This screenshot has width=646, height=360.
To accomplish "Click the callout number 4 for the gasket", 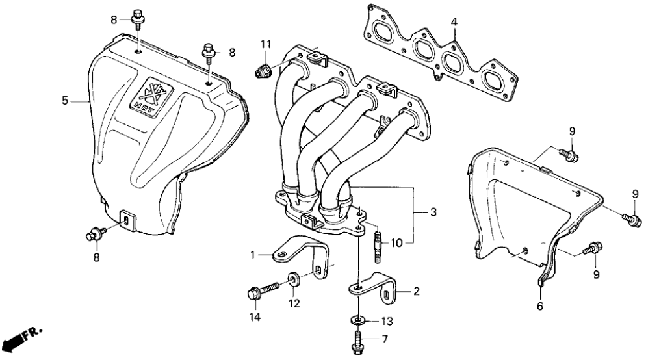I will [455, 22].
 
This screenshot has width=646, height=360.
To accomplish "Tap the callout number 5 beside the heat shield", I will [64, 100].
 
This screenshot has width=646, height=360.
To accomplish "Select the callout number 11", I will [265, 44].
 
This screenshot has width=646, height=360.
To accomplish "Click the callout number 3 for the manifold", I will [424, 212].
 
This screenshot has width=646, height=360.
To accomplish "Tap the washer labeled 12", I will [294, 279].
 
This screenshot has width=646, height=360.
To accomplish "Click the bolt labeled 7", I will [358, 342].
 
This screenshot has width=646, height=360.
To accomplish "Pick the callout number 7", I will [384, 339].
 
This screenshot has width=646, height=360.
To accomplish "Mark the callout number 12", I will [294, 303].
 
